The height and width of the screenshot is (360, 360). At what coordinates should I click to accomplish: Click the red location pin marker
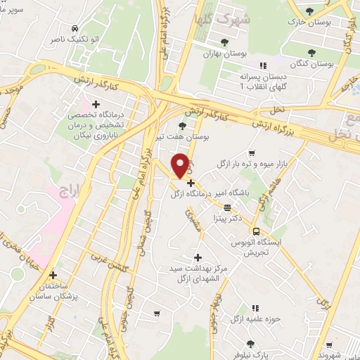180,165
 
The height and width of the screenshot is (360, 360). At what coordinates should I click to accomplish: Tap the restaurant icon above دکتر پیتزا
226,207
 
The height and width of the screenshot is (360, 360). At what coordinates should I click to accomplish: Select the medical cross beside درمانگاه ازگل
191,183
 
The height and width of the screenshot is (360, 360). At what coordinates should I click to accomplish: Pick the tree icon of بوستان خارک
310,10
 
